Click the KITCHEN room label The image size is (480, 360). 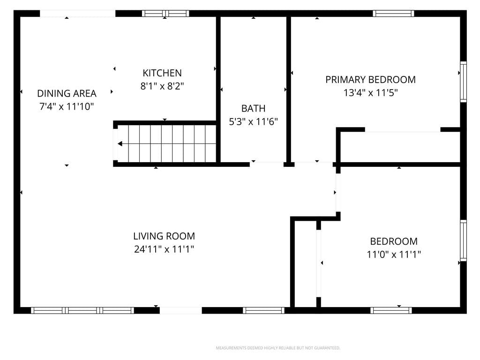coord(162,73)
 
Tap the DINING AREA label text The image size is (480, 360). coord(67,93)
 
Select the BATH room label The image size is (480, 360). coord(253,108)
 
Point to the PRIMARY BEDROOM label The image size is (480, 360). coord(370,80)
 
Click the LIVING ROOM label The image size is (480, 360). coord(164,236)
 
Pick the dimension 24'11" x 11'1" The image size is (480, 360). coord(164,249)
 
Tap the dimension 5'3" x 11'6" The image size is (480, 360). coord(253,122)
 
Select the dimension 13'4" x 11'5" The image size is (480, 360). coord(370,93)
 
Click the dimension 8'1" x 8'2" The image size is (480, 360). coord(162,86)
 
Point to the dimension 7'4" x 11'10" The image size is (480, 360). coord(67,106)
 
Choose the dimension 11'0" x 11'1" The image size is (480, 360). coord(394,255)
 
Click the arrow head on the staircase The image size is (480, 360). coord(120,143)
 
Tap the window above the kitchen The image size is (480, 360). coord(165,14)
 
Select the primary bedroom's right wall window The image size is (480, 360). coord(464,82)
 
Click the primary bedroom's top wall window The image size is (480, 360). coord(393,14)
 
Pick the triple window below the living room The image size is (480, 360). coord(82,310)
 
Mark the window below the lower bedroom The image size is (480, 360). coord(391,310)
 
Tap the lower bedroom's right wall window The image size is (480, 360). coord(464,240)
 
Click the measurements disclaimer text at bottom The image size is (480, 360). coord(278,348)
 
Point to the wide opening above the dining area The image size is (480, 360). coord(78,14)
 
